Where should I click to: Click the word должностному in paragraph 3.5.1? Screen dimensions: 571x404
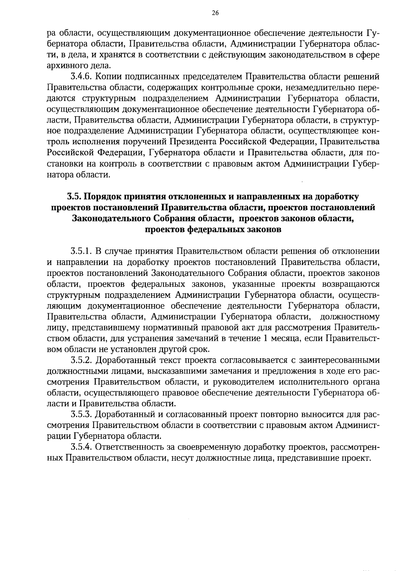point(349,317)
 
